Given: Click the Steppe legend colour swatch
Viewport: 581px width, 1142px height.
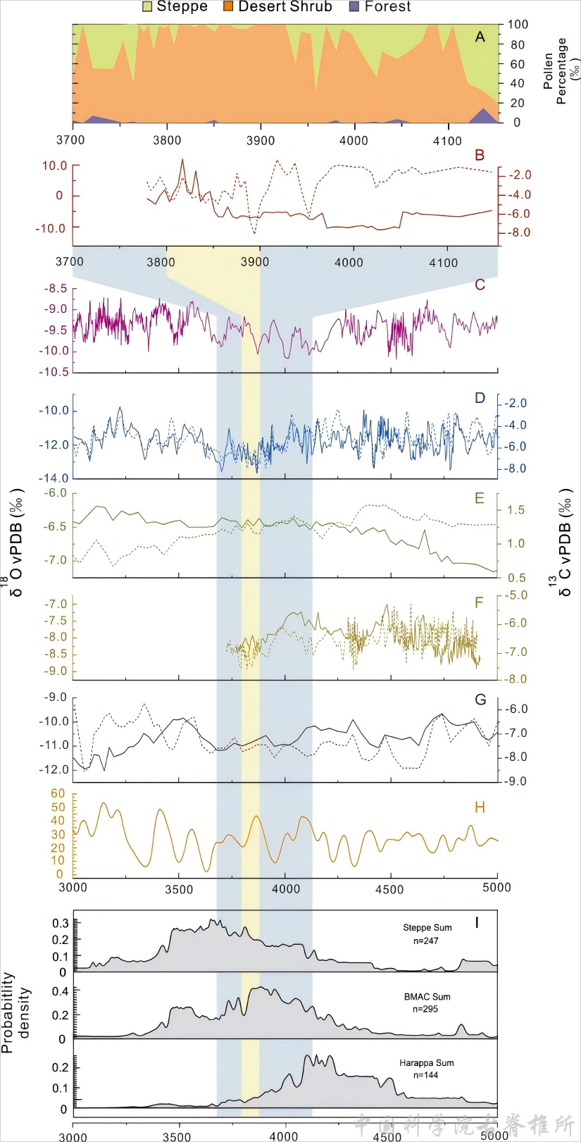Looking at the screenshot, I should pos(147,6).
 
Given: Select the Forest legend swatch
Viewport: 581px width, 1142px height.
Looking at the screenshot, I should pos(354,6).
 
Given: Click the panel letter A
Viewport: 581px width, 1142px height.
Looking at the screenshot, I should pos(480,37).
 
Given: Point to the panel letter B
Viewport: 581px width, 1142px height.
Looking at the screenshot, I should pos(480,156).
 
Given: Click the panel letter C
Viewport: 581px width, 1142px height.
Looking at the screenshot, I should pos(480,285).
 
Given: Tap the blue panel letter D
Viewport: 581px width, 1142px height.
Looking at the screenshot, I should pos(480,398).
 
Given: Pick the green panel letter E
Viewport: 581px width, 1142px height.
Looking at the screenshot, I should pos(480,499).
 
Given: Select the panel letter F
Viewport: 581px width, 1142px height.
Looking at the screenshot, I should pos(480,602).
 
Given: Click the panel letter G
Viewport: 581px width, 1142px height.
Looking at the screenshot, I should pos(481,700).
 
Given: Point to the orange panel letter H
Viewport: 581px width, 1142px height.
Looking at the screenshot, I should pos(480,807).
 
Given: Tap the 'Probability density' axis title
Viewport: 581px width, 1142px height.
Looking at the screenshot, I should pos(16,1012).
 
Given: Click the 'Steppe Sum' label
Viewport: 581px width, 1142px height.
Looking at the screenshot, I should pos(427,928).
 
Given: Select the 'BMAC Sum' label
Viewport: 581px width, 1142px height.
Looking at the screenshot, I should pos(427,997).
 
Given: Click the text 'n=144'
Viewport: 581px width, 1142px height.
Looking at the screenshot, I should pos(425,1075).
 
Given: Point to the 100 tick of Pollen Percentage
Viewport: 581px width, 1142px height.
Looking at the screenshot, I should pos(518,25).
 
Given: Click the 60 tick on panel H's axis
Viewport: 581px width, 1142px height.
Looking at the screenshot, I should pos(57,794).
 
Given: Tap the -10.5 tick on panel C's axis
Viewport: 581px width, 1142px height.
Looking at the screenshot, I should pos(54,372).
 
